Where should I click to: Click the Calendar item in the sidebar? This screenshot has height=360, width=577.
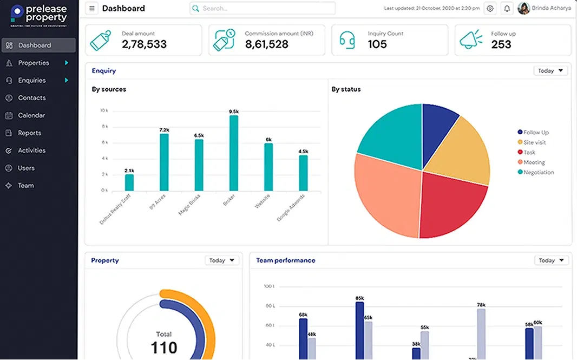click(x=31, y=115)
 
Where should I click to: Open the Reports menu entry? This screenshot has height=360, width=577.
click(x=29, y=133)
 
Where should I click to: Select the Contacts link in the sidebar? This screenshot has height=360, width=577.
click(x=31, y=98)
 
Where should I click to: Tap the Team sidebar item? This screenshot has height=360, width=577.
click(x=25, y=185)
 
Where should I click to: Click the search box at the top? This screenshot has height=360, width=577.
click(x=263, y=9)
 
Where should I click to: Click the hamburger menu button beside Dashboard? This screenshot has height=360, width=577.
click(x=92, y=9)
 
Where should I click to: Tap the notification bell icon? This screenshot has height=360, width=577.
click(x=507, y=9)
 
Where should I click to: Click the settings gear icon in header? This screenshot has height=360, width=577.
click(x=490, y=9)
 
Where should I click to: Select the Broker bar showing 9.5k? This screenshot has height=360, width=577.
click(x=234, y=153)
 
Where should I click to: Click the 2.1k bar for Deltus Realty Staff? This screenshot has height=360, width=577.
click(x=129, y=182)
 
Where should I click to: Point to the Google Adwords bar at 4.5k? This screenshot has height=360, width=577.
click(x=303, y=173)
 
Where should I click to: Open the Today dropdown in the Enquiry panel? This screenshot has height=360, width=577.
click(x=550, y=71)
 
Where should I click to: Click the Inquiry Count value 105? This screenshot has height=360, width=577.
click(x=377, y=44)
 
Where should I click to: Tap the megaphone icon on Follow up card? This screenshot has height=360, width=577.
click(x=471, y=40)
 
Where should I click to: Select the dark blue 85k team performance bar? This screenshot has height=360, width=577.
click(x=359, y=330)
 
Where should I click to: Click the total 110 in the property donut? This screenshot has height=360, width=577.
click(x=163, y=346)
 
